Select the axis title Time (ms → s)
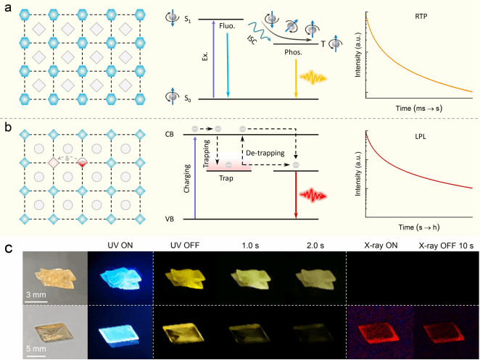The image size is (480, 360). (x=418, y=107)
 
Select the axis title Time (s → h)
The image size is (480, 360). (x=418, y=227)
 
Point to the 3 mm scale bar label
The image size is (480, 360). (x=37, y=295)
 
